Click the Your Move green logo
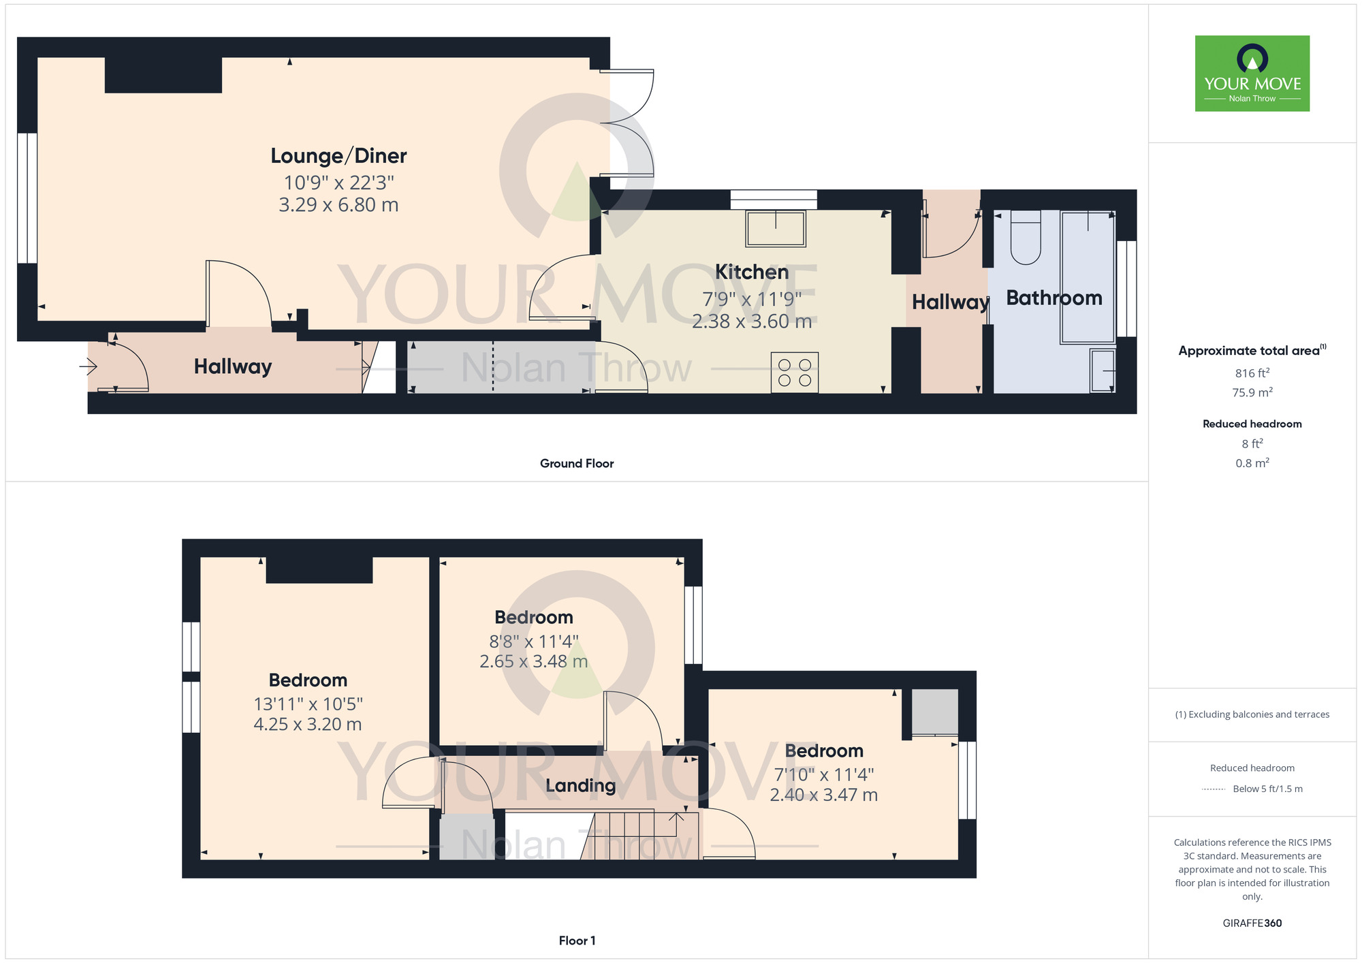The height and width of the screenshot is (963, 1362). tap(1252, 74)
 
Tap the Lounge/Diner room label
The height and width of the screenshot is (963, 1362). tap(338, 156)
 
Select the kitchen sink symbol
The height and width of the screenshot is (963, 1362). tap(776, 228)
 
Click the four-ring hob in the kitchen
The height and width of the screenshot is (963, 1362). tap(794, 373)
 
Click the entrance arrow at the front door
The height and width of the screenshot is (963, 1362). tap(89, 367)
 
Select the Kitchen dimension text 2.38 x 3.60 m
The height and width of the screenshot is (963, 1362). tap(752, 321)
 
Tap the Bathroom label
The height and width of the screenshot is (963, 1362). tap(1054, 298)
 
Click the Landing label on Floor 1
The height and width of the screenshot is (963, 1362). tap(580, 785)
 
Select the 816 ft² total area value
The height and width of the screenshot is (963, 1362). tap(1252, 373)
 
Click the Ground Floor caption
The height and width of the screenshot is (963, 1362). tap(577, 464)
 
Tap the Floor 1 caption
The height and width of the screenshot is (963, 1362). tap(577, 941)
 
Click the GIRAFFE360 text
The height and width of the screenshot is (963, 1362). tap(1252, 923)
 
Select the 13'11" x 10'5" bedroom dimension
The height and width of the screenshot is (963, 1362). tap(308, 704)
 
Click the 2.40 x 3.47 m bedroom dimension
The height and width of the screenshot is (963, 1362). tap(823, 795)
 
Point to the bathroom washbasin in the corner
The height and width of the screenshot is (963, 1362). tap(1103, 370)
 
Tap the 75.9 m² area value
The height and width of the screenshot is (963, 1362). tap(1252, 392)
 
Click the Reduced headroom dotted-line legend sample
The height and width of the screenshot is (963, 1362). tap(1214, 789)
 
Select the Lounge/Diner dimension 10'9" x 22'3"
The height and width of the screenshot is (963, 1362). tap(338, 183)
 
